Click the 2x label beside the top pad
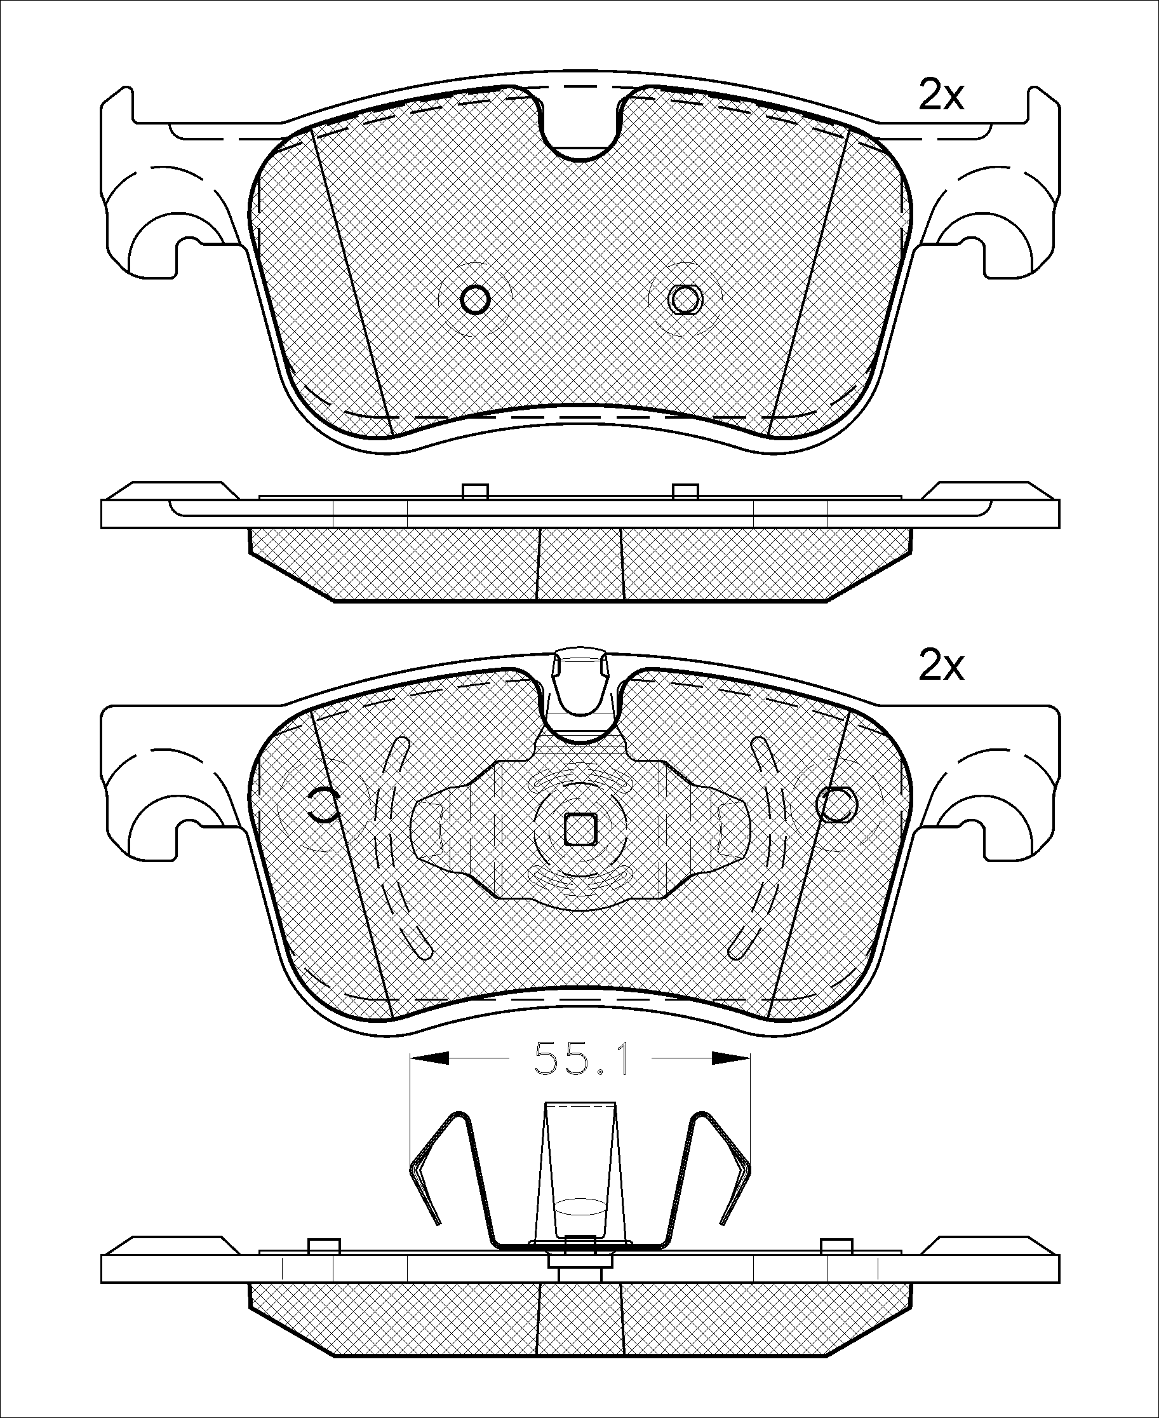pos(941,95)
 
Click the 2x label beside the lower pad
pos(941,666)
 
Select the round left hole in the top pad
pos(476,298)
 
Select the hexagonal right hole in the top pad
pos(685,298)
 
